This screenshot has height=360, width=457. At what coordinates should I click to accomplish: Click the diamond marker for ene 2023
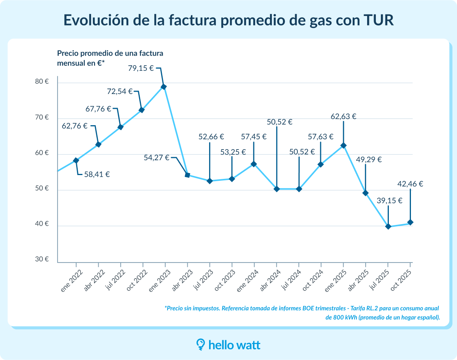point(164,87)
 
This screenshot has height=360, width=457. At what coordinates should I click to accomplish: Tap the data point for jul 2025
point(388,226)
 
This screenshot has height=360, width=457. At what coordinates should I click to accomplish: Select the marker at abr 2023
point(187,175)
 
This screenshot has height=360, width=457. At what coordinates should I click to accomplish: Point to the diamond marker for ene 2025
point(344,145)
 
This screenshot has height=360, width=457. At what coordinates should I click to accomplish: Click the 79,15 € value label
point(141,68)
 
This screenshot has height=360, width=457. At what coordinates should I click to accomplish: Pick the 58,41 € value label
point(97,175)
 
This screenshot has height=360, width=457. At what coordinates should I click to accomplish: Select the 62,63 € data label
point(344,116)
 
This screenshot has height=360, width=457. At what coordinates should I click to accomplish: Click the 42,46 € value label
point(410,184)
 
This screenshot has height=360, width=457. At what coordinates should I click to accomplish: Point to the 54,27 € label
point(157,158)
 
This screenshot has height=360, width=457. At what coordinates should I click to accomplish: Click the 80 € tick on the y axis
point(42,82)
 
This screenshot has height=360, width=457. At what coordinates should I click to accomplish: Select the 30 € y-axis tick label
point(42,260)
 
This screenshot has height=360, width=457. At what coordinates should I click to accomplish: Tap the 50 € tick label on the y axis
point(42,189)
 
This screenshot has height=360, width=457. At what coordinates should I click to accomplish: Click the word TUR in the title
point(377,20)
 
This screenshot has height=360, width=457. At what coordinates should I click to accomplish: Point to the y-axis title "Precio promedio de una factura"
point(110,53)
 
